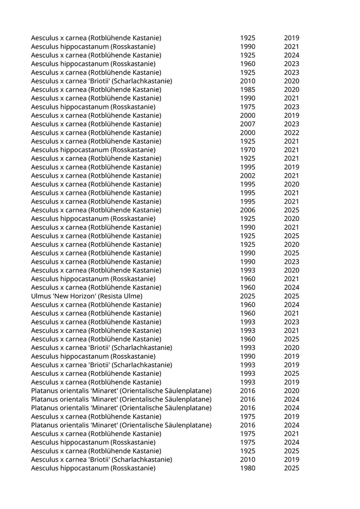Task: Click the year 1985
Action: click(247, 89)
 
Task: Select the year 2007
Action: click(247, 124)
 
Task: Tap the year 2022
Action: click(291, 133)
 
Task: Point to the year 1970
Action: click(247, 150)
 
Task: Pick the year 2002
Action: click(247, 175)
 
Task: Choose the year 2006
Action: click(247, 210)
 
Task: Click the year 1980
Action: click(247, 468)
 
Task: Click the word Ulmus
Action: click(41, 296)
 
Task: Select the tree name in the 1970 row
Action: click(93, 150)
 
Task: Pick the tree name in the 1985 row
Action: click(96, 89)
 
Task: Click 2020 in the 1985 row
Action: click(291, 89)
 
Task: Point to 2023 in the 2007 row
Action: click(291, 124)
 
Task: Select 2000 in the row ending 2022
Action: click(247, 133)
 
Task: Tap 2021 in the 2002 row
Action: click(291, 175)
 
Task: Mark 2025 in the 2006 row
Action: click(291, 210)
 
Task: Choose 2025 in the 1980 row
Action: click(291, 468)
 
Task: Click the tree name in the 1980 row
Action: click(93, 468)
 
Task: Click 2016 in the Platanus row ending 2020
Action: click(247, 391)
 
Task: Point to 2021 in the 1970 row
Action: click(291, 150)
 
